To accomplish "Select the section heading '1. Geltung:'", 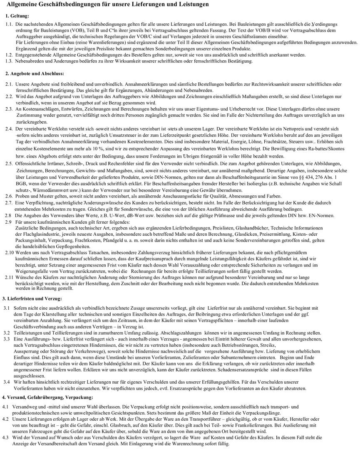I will pyautogui.click(x=17, y=15).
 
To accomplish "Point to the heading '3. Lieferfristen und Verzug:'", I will pyautogui.click(x=32, y=299).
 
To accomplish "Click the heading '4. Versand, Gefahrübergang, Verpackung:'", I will pyautogui.click(x=48, y=397).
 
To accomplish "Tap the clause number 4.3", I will pyautogui.click(x=6, y=437).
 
